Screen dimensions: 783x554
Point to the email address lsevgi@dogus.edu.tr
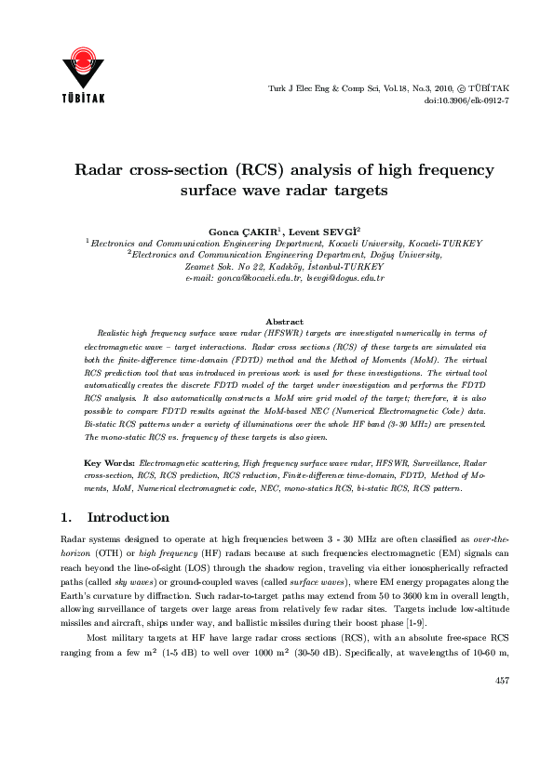pos(345,278)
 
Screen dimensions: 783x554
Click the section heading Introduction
pos(128,517)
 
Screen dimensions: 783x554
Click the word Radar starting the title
pos(102,171)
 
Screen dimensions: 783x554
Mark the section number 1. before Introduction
pos(66,517)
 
